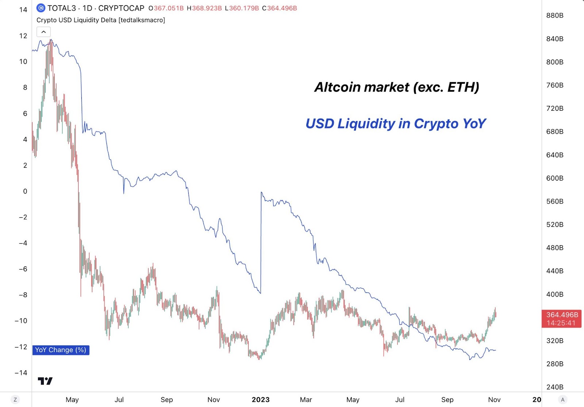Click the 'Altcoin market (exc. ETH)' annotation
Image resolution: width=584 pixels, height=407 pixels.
click(397, 87)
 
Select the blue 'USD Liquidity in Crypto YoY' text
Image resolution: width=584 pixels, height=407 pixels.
click(396, 123)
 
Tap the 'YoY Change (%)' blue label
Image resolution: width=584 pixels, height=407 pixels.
click(61, 350)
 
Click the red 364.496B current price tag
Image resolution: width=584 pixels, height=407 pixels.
click(562, 319)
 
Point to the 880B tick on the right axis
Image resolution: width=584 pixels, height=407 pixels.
click(554, 15)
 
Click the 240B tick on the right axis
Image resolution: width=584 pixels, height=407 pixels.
click(554, 387)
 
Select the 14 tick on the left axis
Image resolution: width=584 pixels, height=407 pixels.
click(23, 10)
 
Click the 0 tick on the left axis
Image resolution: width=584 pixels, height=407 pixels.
click(25, 191)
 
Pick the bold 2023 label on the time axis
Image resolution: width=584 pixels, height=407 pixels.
click(261, 400)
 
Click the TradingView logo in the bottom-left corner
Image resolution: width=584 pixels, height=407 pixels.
click(45, 381)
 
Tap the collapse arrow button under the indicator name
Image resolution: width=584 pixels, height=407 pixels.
click(43, 32)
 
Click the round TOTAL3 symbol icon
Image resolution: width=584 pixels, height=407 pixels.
click(41, 8)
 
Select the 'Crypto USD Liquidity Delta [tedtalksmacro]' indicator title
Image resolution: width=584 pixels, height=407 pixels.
click(101, 20)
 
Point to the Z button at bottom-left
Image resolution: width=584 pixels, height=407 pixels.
click(15, 400)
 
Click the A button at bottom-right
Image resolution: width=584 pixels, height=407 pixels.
click(563, 400)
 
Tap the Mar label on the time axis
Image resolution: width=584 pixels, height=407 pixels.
click(306, 400)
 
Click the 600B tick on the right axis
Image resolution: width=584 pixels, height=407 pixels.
click(554, 178)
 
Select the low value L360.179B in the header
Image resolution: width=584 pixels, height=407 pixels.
click(242, 8)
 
